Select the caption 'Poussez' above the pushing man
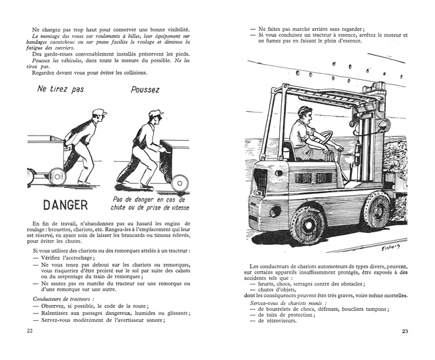pyautogui.click(x=145, y=90)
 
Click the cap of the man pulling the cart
pyautogui.click(x=99, y=113)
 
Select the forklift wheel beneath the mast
pyautogui.click(x=377, y=208)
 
